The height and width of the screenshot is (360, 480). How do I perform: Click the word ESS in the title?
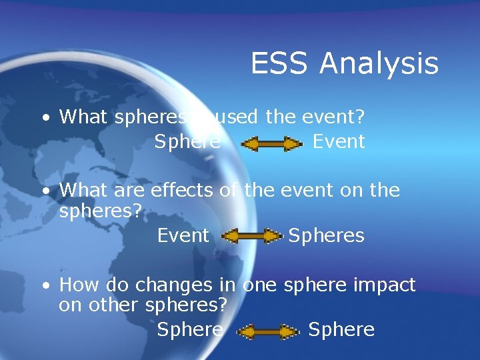click(280, 64)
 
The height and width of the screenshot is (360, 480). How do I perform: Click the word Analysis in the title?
click(379, 64)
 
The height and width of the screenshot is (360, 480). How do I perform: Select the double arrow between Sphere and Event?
click(271, 143)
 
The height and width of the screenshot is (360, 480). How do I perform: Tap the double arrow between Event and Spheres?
click(251, 236)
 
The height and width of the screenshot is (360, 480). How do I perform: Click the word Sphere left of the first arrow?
click(187, 141)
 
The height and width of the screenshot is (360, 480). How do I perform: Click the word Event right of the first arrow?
click(339, 141)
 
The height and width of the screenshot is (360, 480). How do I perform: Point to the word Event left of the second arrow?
click(183, 235)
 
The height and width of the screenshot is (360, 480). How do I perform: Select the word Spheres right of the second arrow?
click(326, 235)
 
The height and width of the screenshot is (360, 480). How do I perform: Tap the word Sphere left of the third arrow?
click(189, 330)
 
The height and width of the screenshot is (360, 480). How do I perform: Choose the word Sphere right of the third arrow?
click(341, 330)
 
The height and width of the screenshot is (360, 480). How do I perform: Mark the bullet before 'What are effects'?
click(44, 191)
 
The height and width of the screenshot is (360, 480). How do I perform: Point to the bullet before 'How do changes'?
click(44, 287)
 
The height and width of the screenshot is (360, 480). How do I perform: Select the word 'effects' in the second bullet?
click(182, 190)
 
